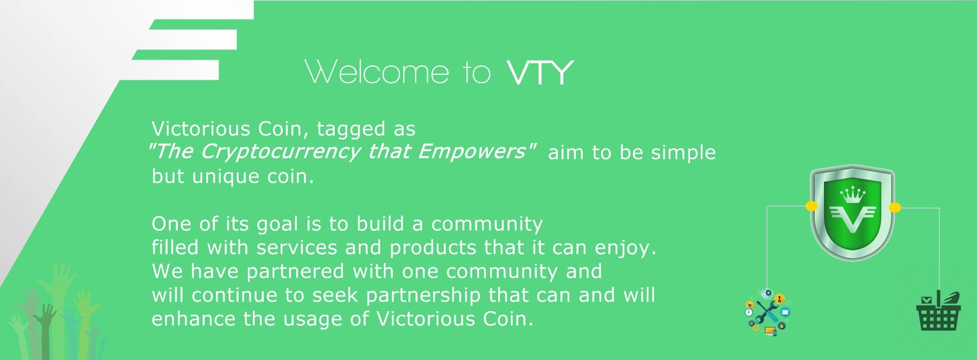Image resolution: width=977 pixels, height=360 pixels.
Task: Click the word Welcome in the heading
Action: pos(377,71)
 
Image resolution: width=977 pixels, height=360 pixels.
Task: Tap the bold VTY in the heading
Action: pos(540,72)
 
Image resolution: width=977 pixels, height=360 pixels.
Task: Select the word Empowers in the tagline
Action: pos(472,151)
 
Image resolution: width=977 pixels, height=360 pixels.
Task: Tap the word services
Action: pos(297,248)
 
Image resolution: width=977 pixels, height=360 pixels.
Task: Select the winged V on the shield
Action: pos(853,219)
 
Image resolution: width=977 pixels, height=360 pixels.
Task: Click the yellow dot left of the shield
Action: pos(811,207)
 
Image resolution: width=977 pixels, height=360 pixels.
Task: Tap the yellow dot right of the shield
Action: pos(895,208)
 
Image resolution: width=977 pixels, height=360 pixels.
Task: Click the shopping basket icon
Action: pos(938,312)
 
